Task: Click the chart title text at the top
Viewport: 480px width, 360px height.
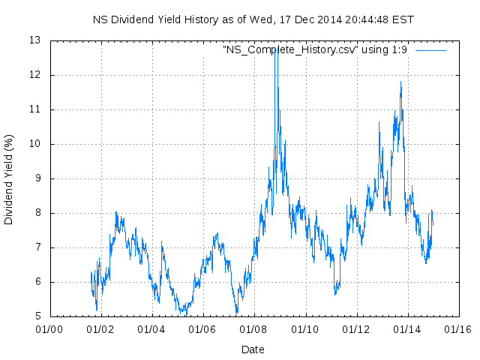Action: pos(253,19)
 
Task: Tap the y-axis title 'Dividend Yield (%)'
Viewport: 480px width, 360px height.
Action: pos(9,178)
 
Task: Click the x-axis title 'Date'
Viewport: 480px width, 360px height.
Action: pos(253,349)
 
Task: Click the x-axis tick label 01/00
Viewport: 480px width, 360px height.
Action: pos(49,328)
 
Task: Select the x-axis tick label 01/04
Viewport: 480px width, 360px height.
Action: pos(151,328)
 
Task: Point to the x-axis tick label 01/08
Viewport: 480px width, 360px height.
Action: pos(254,328)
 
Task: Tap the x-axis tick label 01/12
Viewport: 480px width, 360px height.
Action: pos(356,328)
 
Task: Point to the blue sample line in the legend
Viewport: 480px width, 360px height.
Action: pos(430,49)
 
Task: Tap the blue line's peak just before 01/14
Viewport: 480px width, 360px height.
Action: pos(400,82)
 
